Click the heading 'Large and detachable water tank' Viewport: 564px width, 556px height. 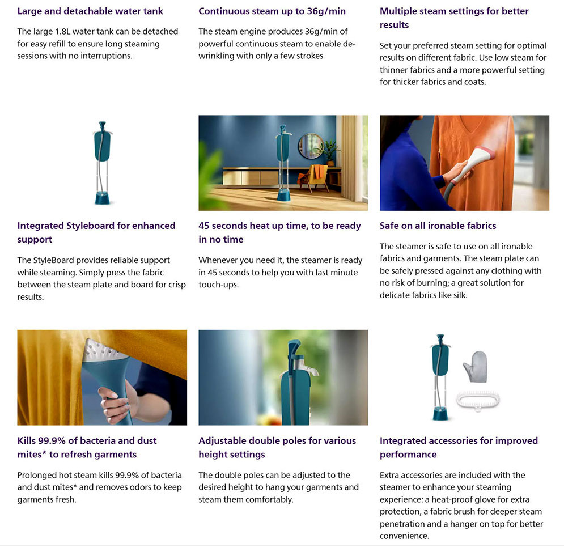pyautogui.click(x=90, y=11)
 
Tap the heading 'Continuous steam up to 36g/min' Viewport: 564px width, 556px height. pyautogui.click(x=272, y=11)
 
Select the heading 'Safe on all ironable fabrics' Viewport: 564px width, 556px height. pyautogui.click(x=438, y=226)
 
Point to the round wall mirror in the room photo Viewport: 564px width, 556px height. pyautogui.click(x=311, y=146)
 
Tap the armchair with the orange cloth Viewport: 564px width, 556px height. pyautogui.click(x=314, y=177)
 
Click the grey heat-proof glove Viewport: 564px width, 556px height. pyautogui.click(x=476, y=367)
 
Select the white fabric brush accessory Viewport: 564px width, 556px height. pyautogui.click(x=478, y=400)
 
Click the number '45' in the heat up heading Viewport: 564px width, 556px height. pyautogui.click(x=203, y=226)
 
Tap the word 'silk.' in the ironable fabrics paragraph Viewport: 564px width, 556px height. pyautogui.click(x=458, y=295)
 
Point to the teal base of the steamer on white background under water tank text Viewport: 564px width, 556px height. pyautogui.click(x=103, y=197)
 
